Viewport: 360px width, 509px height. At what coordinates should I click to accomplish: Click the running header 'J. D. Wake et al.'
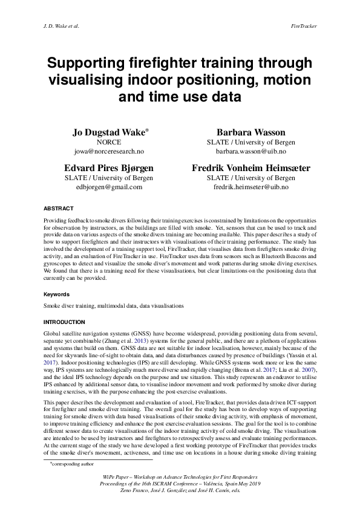tap(62, 27)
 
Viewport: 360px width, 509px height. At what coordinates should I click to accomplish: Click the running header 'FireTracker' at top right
tap(303, 27)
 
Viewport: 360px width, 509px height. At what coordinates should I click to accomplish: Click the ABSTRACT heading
tap(59, 207)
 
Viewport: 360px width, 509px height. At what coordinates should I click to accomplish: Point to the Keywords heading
tap(57, 294)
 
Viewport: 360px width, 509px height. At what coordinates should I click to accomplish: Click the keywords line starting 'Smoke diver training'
tap(113, 306)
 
